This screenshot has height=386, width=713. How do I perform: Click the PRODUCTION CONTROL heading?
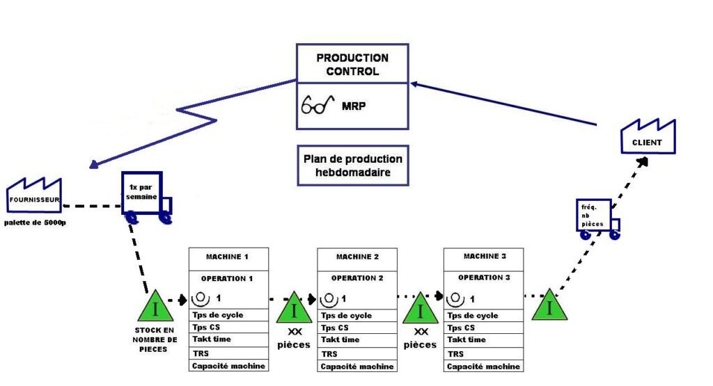pos(352,64)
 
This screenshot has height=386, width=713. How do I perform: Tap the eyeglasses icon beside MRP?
pos(315,106)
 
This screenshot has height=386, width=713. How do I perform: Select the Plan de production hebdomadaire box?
pos(352,166)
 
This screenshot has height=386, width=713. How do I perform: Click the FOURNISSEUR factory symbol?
pos(34,195)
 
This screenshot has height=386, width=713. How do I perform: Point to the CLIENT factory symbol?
pos(647,138)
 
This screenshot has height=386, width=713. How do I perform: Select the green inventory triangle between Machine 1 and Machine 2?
pos(294,308)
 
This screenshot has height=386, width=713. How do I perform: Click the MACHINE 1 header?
pos(227,257)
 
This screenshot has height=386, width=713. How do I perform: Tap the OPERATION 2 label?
pos(357,278)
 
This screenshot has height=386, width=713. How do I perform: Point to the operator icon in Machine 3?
pos(456,298)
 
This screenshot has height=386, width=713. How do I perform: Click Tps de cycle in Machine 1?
pos(218,315)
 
